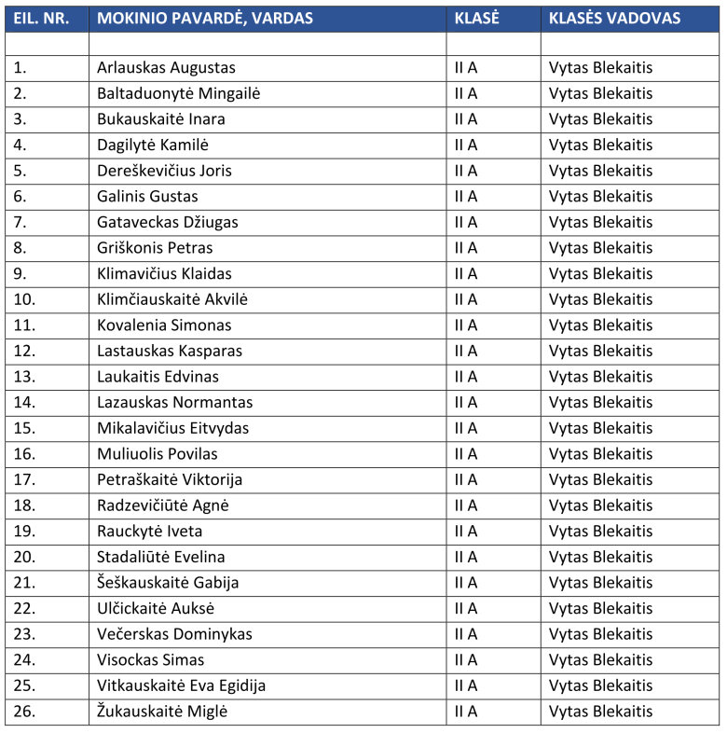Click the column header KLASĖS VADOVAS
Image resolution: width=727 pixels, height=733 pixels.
pos(614,19)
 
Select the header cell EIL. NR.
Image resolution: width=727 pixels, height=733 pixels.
pos(41,19)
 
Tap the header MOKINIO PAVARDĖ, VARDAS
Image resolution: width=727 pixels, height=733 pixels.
pos(205,19)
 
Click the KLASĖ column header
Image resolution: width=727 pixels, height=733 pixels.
pos(477,19)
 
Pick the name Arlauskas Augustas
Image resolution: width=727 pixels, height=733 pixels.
pos(166,68)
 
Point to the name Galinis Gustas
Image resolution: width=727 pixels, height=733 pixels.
pos(147,197)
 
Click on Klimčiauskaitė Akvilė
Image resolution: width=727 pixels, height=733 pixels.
pos(172,299)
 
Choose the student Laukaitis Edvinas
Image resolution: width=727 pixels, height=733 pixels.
pos(158,377)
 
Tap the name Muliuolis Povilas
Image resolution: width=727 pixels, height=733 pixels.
pos(157,454)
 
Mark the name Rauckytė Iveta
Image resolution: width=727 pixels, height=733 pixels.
pos(149,532)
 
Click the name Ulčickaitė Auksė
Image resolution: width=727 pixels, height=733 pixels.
pos(156,609)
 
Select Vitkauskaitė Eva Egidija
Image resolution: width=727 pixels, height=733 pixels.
pos(181,686)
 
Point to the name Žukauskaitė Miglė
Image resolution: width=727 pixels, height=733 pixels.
pos(162,712)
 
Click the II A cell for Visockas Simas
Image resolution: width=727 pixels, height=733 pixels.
pos(466,660)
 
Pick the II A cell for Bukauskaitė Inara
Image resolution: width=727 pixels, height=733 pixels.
pos(466,119)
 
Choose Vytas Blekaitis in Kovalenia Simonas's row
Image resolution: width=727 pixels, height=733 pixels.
pos(600,325)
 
